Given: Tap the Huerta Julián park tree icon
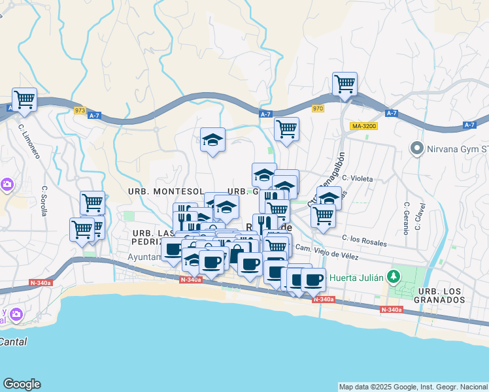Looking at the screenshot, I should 394,276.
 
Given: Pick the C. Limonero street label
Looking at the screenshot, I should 29,141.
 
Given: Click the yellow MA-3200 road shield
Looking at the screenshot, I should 363,126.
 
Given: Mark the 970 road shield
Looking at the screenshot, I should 318,108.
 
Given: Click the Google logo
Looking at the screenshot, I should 22,384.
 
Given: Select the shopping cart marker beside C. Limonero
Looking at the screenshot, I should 24,99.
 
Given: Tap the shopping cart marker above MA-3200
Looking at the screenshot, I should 345,84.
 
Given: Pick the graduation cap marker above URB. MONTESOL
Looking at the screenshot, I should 212,140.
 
